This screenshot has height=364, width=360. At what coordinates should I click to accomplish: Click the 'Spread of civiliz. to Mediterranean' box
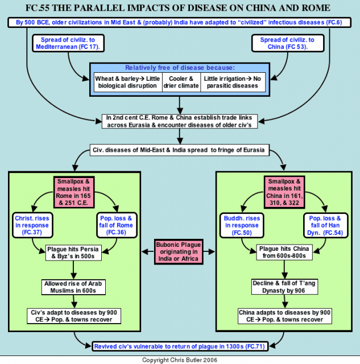(x=68, y=43)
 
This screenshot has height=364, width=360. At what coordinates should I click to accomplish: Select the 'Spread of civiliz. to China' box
(x=288, y=43)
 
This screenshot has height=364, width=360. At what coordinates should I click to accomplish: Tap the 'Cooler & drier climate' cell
(x=181, y=82)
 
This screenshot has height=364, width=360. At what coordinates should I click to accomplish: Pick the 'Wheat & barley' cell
(x=128, y=82)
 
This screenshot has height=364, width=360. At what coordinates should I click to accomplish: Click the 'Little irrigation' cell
(x=233, y=82)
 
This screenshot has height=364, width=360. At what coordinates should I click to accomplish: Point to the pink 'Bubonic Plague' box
(x=179, y=252)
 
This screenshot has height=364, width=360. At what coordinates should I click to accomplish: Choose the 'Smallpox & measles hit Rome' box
(x=74, y=192)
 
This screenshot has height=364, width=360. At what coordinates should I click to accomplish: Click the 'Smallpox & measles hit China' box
(x=284, y=192)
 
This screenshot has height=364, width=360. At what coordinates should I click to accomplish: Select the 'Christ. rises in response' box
(x=32, y=225)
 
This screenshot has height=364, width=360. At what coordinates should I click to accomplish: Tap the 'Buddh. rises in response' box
(x=242, y=225)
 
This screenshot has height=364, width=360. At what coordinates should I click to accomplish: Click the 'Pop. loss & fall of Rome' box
(x=117, y=225)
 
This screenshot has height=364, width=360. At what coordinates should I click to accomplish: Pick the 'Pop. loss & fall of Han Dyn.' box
(x=325, y=225)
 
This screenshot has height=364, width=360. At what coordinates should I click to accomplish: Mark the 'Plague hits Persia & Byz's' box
(x=73, y=253)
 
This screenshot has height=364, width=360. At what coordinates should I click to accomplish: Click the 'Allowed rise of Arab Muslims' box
(x=73, y=287)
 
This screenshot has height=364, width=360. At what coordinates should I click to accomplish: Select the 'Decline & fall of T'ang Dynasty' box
(x=284, y=287)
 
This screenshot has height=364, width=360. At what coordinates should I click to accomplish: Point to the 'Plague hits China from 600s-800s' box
(x=284, y=252)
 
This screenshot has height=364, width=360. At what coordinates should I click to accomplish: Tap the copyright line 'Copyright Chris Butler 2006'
(x=180, y=360)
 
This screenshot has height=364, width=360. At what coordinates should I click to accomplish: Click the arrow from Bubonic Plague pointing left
(x=148, y=251)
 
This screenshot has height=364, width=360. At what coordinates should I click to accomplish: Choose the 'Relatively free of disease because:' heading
(x=180, y=68)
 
